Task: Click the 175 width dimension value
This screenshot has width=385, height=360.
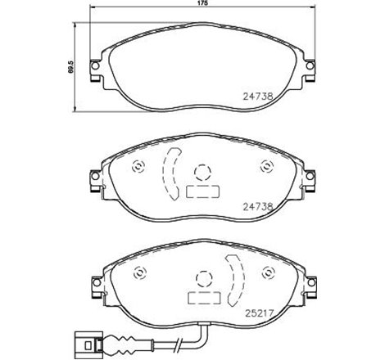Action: pos(203,3)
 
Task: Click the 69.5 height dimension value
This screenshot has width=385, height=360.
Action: pos(71,67)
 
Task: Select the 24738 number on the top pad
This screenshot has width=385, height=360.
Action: pos(258,96)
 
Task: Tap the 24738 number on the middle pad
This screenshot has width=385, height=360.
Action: pos(258,207)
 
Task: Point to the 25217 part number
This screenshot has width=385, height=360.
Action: pos(259,313)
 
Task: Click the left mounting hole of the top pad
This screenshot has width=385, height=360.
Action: pos(95,65)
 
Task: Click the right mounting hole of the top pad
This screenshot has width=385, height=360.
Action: pos(310,65)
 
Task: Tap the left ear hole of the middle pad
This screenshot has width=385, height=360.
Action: pos(95,176)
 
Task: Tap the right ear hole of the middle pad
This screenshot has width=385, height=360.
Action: pos(310,176)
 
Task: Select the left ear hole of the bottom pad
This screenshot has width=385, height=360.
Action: pos(97,282)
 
